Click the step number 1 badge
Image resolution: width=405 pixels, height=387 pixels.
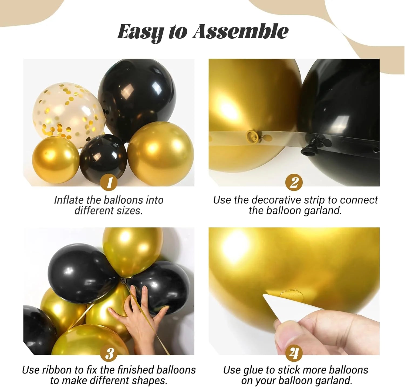click(109, 183)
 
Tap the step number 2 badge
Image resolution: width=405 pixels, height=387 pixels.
click(294, 183)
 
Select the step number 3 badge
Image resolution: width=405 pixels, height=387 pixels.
click(109, 353)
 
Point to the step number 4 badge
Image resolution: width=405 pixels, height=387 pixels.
click(294, 353)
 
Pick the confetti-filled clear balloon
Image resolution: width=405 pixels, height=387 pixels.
click(69, 113)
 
